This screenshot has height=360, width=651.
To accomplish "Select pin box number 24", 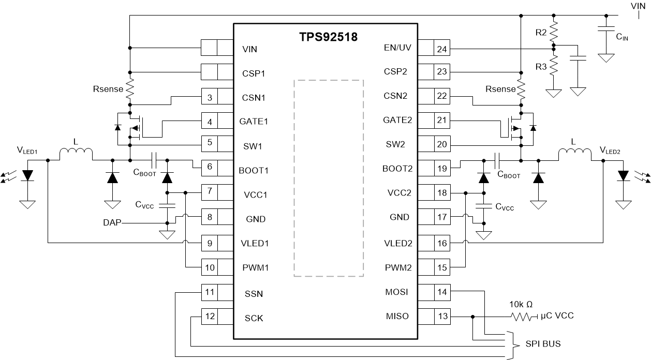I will pos(441,49).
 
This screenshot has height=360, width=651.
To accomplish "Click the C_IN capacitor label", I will pos(623,37).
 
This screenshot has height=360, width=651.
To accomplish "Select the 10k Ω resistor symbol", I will pos(522,316).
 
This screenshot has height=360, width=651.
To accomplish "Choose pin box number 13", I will pos(441,316).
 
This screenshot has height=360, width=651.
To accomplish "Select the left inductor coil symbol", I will pos(76,154).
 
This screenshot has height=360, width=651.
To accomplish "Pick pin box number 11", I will pos(209,292).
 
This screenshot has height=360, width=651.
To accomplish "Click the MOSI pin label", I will pos(397,292).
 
